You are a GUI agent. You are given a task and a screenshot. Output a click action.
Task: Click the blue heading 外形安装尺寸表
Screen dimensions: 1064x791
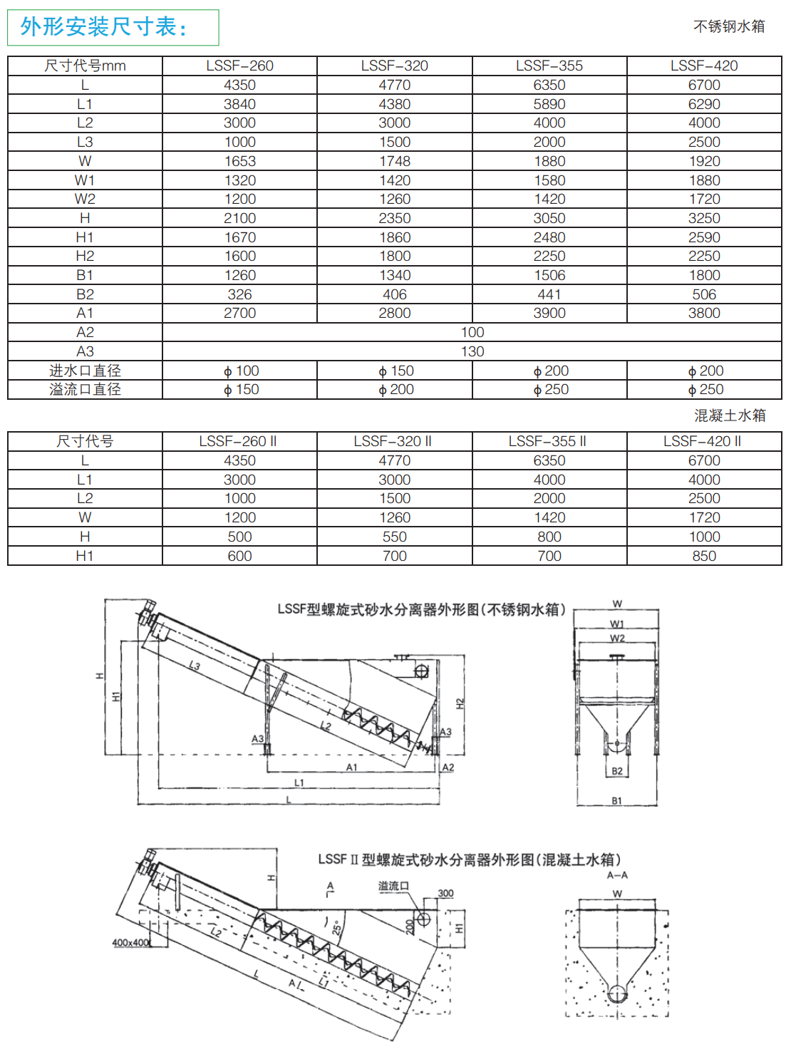click(x=104, y=27)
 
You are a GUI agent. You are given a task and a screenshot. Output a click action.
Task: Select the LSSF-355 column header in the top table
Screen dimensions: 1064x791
click(x=549, y=66)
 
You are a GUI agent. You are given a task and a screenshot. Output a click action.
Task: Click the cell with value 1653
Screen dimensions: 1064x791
click(x=239, y=161)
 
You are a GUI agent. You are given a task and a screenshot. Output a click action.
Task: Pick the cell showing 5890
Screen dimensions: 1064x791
click(x=549, y=104)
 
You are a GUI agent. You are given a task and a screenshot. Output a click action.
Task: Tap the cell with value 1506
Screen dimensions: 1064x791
click(x=549, y=275)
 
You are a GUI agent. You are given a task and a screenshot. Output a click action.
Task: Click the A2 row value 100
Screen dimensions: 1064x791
click(x=472, y=332)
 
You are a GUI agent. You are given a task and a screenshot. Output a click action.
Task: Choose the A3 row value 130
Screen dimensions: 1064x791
click(x=472, y=351)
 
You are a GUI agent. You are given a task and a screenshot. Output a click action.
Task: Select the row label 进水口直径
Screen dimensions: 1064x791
click(x=85, y=371)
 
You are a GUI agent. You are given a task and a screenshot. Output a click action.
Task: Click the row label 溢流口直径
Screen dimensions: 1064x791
click(x=85, y=389)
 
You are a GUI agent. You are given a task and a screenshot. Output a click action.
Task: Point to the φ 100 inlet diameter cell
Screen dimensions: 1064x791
click(x=241, y=371)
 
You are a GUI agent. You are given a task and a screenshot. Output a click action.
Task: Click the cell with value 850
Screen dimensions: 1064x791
click(x=704, y=556)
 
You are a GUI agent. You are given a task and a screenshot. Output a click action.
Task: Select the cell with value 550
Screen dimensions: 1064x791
click(x=394, y=537)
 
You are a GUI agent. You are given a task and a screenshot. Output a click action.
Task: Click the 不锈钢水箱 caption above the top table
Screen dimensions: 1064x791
click(x=729, y=26)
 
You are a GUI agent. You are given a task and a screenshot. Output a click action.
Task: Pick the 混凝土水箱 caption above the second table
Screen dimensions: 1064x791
click(x=730, y=415)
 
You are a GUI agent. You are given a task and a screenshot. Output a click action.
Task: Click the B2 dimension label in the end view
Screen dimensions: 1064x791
click(x=617, y=771)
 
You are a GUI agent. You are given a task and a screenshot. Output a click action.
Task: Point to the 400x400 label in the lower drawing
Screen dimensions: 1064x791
click(x=131, y=943)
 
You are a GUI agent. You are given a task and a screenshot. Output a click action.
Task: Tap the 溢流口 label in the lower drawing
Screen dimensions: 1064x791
click(x=393, y=886)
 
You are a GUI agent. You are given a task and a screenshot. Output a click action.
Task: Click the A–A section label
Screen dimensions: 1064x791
click(x=617, y=875)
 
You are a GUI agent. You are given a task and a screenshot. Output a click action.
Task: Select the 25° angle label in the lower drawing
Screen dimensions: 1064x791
click(x=336, y=928)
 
